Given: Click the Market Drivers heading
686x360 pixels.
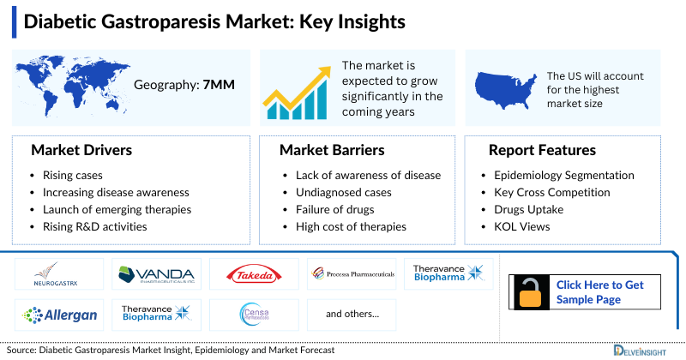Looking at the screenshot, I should click(x=81, y=150).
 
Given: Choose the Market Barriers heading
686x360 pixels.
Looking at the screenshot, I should click(x=331, y=150).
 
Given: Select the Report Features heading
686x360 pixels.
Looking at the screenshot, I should click(x=542, y=150).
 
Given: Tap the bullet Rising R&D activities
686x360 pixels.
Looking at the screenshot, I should click(x=95, y=226).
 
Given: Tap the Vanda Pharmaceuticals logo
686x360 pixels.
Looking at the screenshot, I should click(x=156, y=273).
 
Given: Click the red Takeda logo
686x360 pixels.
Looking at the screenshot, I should click(x=254, y=274).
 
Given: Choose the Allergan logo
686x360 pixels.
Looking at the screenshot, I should click(x=60, y=315).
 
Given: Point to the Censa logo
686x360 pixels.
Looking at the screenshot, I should click(x=254, y=315).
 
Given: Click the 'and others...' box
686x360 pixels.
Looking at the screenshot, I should click(x=352, y=315).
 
